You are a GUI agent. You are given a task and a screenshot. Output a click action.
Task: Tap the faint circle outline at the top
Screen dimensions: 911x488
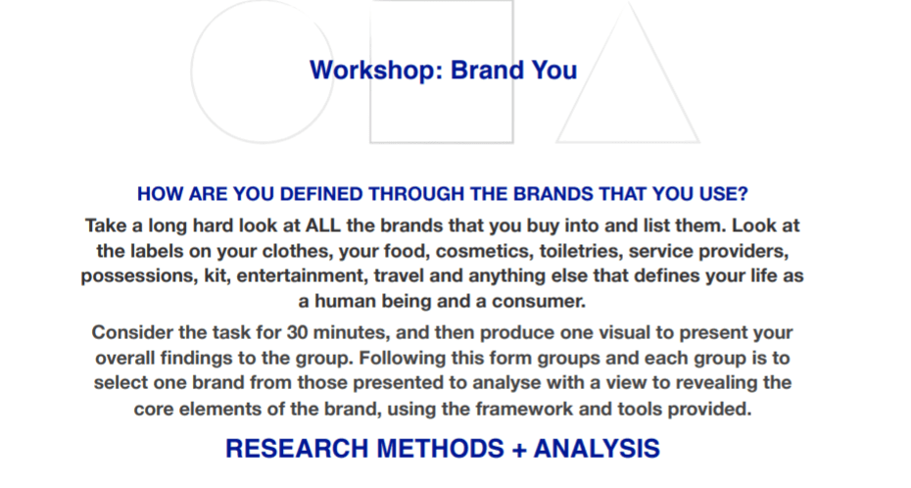point(192,72)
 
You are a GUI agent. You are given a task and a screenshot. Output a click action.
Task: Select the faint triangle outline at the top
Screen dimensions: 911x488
point(592,72)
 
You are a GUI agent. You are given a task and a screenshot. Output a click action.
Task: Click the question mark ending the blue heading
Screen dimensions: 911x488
point(743,194)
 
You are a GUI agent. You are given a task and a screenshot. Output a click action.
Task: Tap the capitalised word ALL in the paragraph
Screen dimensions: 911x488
point(323,225)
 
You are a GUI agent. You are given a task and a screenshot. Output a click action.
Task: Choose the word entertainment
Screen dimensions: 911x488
point(302,276)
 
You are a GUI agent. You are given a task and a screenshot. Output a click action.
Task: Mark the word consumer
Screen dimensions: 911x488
point(539,302)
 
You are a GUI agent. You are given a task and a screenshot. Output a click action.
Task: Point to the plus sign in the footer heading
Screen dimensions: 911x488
point(520,450)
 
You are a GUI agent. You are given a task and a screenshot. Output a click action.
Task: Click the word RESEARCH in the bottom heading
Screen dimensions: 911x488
point(297,449)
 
